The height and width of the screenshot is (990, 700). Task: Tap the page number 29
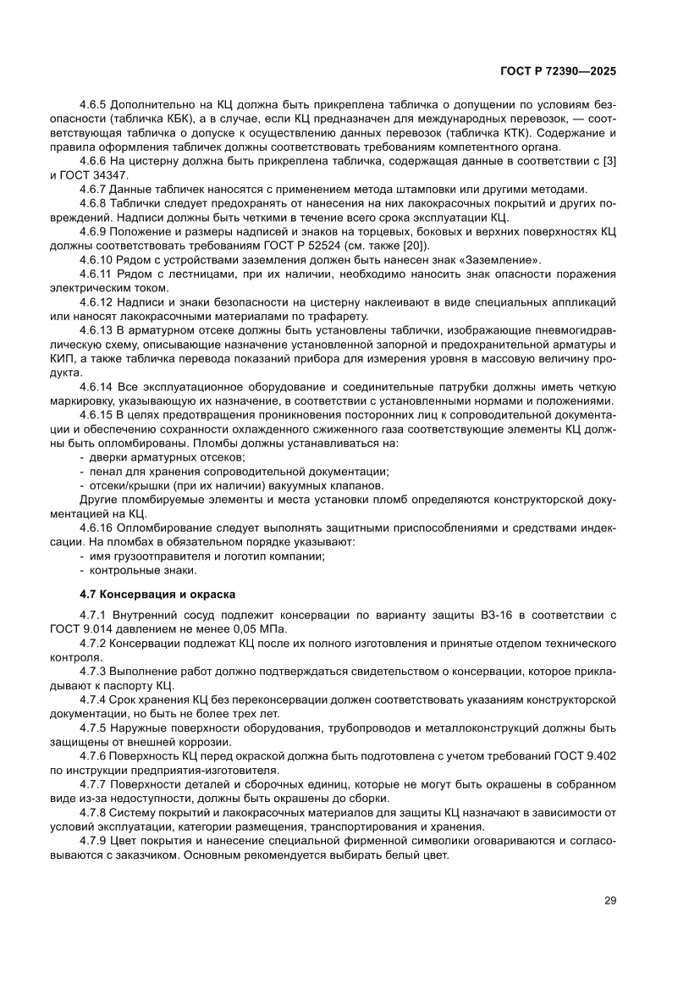pos(609,900)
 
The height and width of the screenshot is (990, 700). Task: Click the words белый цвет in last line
pos(414,855)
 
